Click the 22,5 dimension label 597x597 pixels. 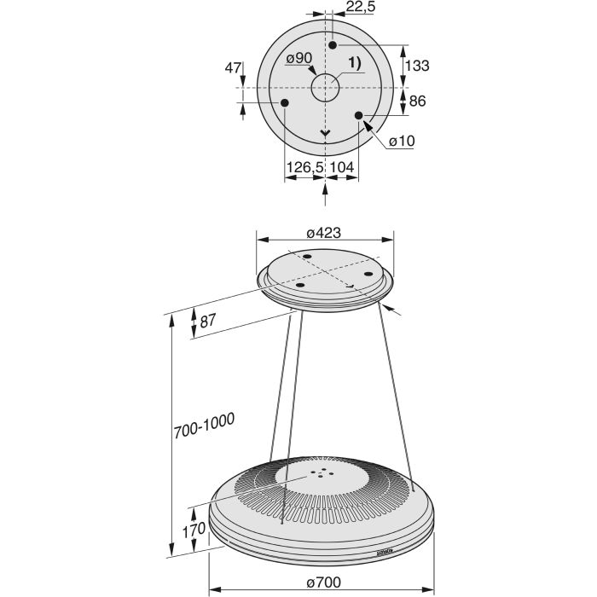[361, 7]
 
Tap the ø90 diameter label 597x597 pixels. [298, 58]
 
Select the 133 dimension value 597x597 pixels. [417, 66]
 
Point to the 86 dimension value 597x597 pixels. [417, 101]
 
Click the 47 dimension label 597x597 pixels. [233, 68]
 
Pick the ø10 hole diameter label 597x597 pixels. [402, 142]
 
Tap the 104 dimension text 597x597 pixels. [341, 167]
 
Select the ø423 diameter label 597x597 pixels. [323, 233]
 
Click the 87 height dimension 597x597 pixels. [207, 321]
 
